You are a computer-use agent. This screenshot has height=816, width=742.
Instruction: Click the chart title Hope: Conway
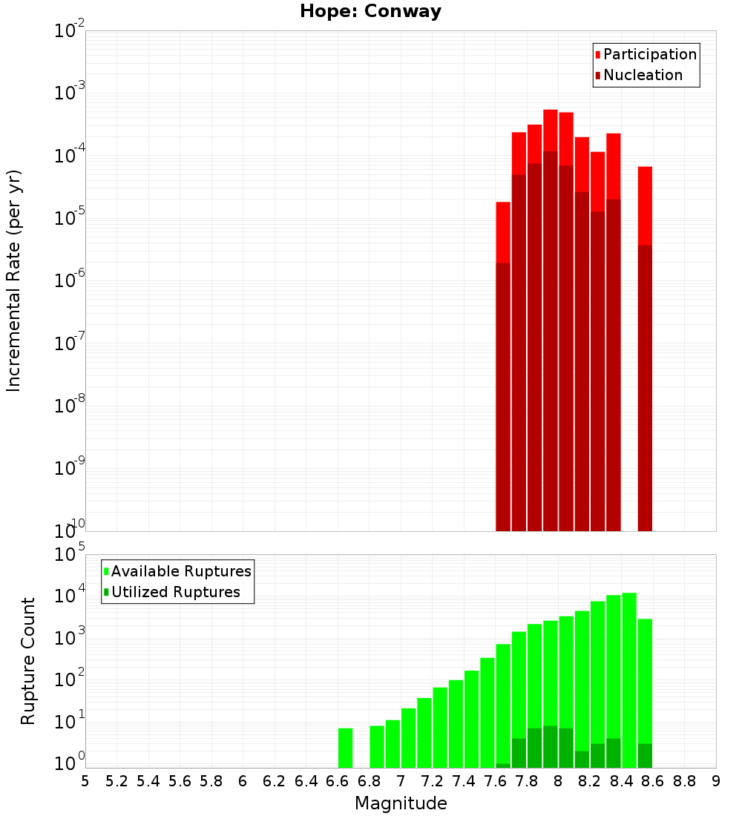tap(370, 12)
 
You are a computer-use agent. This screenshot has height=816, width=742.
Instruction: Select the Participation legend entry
tap(649, 54)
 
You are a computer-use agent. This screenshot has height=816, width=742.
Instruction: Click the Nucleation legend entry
tap(642, 75)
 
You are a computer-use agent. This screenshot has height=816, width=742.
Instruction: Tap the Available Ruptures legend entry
tap(180, 571)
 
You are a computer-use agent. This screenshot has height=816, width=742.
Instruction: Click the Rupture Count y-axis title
tap(28, 661)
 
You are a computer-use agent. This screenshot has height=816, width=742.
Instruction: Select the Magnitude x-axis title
tap(401, 803)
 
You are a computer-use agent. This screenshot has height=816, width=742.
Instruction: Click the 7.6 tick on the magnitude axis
tap(495, 781)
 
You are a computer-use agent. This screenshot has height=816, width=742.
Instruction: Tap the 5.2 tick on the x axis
tap(116, 781)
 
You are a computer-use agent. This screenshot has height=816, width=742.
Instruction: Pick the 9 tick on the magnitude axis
tap(716, 781)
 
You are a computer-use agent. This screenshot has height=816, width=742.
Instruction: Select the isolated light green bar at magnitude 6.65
tap(345, 748)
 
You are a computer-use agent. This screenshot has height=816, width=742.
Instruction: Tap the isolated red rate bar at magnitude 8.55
tap(645, 349)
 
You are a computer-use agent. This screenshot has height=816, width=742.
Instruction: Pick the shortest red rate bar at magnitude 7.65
tap(503, 366)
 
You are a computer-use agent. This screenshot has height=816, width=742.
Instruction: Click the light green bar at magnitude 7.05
tap(408, 738)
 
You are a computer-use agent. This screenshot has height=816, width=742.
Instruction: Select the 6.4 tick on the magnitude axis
tap(306, 781)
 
